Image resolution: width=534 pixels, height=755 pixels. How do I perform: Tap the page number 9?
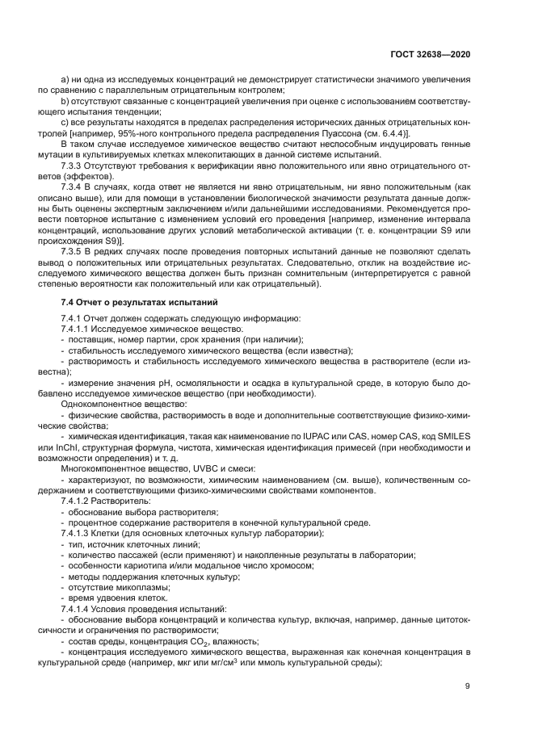click(468, 687)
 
